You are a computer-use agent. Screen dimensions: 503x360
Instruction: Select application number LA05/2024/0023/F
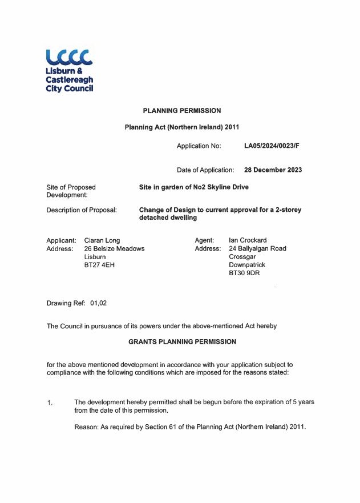pyautogui.click(x=272, y=146)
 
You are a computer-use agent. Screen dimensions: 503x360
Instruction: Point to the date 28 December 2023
pyautogui.click(x=273, y=170)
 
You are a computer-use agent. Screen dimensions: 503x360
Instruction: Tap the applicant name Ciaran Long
pyautogui.click(x=102, y=240)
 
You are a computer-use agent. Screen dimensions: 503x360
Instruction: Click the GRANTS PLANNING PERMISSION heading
pyautogui.click(x=182, y=341)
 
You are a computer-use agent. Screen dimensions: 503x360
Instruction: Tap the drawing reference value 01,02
pyautogui.click(x=99, y=303)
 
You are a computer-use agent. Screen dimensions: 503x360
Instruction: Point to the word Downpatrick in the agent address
pyautogui.click(x=247, y=265)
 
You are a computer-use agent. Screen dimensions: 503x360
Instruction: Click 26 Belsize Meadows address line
pyautogui.click(x=114, y=249)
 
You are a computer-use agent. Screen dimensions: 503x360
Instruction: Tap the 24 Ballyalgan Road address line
pyautogui.click(x=257, y=249)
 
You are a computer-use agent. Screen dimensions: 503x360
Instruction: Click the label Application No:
pyautogui.click(x=199, y=146)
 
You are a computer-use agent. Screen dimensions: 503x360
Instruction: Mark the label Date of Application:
pyautogui.click(x=205, y=170)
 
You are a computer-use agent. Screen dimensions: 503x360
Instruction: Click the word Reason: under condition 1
pyautogui.click(x=87, y=427)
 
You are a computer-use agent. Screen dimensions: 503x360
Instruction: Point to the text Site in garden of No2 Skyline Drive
pyautogui.click(x=194, y=187)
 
